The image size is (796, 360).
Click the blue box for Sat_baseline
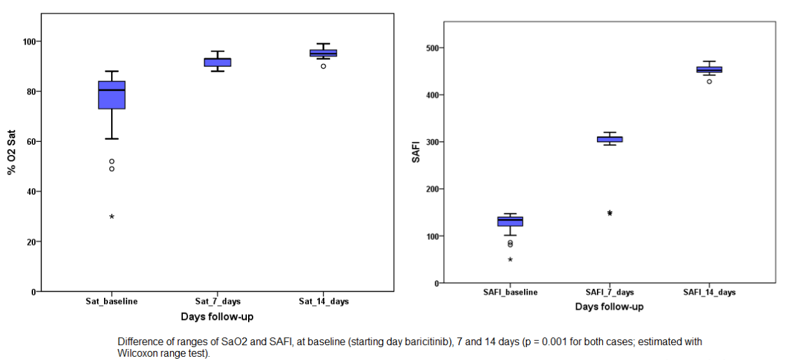tap(112, 95)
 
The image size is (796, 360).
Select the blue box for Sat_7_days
tap(217, 62)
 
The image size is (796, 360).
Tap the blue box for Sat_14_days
tap(323, 53)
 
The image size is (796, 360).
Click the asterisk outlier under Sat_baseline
tap(112, 217)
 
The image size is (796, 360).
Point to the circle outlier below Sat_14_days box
tap(323, 66)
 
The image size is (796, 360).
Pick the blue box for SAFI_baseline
tap(510, 221)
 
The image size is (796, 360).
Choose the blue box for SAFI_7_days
tap(609, 139)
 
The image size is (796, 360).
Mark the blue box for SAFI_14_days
tap(709, 70)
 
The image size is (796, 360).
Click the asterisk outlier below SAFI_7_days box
tap(609, 213)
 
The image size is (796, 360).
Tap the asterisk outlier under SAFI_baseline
tap(510, 260)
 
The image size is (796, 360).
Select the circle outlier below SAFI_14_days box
tap(709, 81)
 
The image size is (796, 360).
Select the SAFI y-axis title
tap(416, 153)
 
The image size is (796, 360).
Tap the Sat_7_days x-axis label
tap(217, 301)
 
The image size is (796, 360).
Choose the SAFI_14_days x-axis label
tap(709, 292)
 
